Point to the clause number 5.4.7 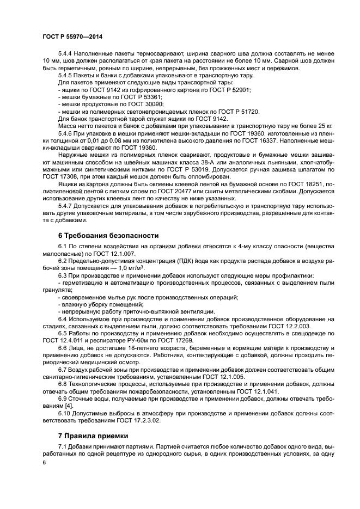pos(65,207)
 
